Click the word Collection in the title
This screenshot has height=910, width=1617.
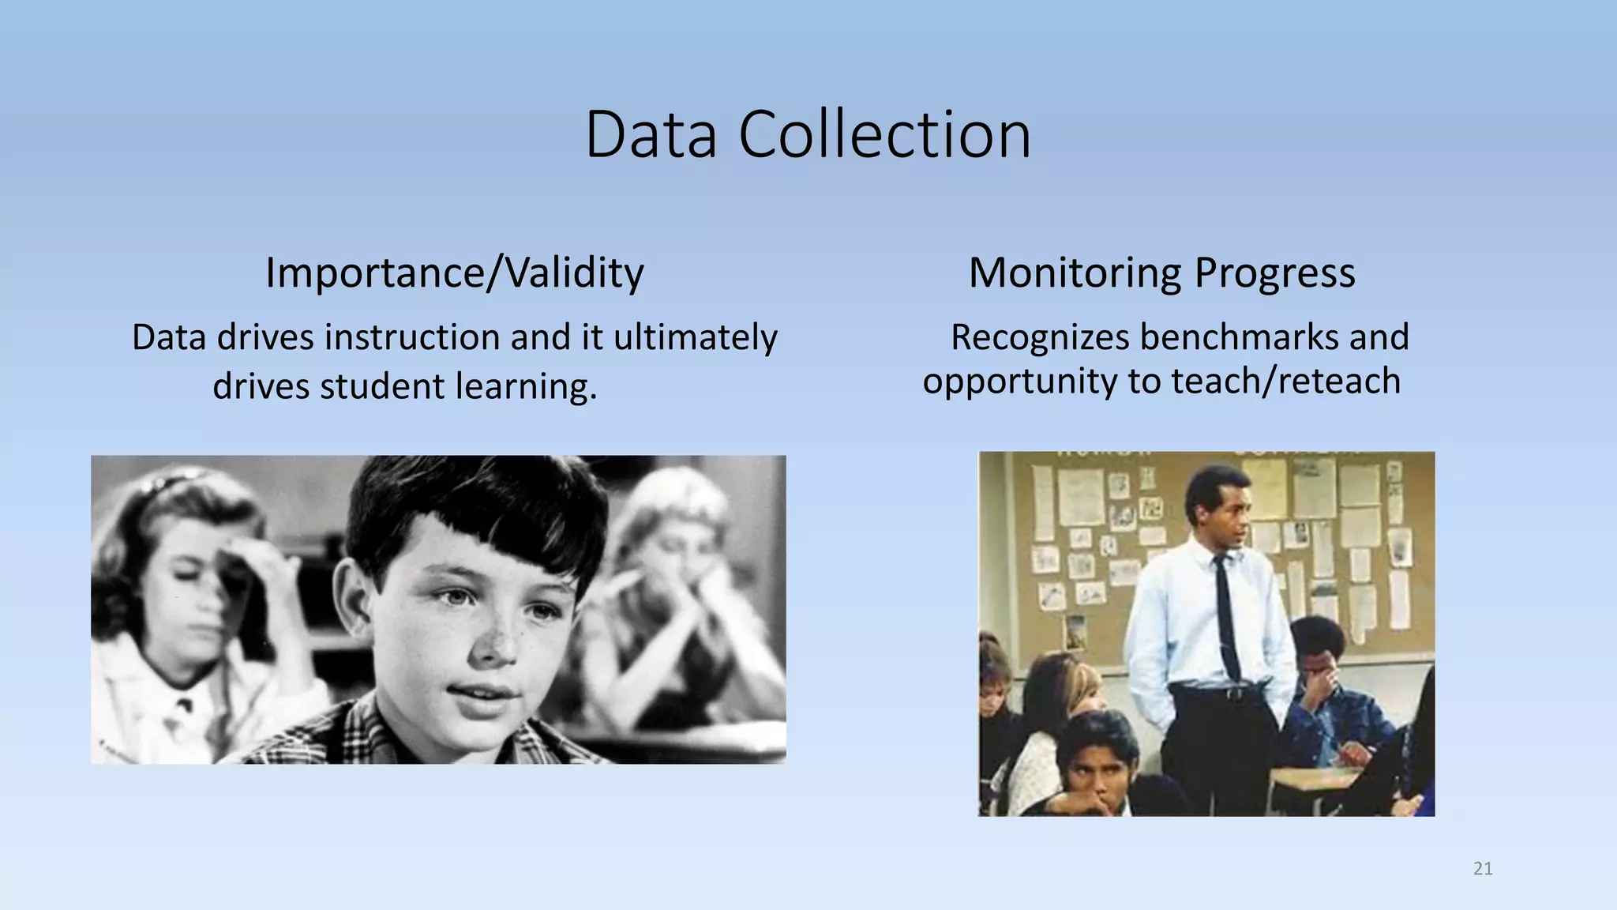(884, 135)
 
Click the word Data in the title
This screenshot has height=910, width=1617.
(651, 135)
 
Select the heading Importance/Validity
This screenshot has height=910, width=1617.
(454, 273)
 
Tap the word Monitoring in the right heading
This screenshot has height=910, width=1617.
(1075, 273)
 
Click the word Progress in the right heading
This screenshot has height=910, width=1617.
(1274, 273)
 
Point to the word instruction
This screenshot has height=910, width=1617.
(413, 338)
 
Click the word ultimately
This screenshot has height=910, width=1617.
(696, 338)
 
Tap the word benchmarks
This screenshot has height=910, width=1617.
(1239, 338)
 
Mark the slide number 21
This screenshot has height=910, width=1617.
(1483, 869)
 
